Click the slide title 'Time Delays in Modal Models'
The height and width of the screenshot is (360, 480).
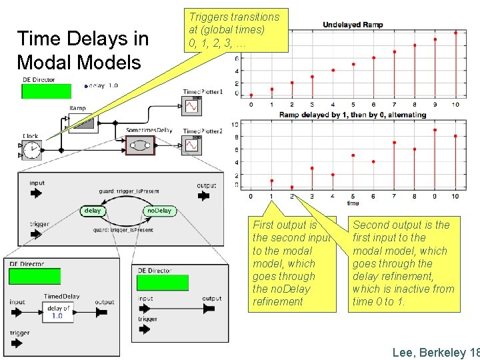pos(83,51)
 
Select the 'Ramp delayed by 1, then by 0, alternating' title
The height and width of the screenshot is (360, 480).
pos(352,115)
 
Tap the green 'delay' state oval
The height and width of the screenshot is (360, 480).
pos(92,211)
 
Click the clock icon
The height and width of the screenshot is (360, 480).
pos(31,151)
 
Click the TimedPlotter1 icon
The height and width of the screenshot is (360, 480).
pos(191,106)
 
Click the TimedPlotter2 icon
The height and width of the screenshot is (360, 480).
pos(191,145)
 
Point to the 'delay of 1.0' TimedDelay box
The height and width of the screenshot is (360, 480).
pos(61,311)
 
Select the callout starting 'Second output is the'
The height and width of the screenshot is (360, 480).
pos(403,263)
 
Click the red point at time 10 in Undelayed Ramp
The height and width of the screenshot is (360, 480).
pos(456,32)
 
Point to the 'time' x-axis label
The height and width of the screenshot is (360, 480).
pos(353,203)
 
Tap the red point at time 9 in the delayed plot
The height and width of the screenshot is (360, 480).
pos(435,130)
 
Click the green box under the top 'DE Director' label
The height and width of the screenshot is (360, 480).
pos(46,92)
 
